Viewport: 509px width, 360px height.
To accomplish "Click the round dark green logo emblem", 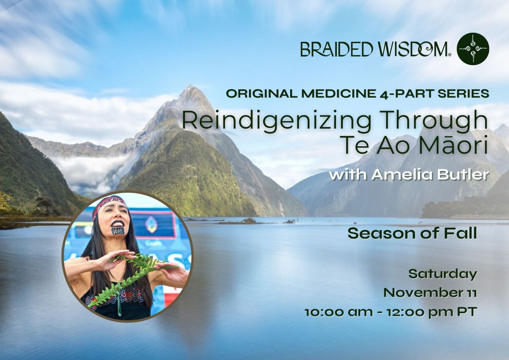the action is point(473,49).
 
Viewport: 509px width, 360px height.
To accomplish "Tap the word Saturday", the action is point(443,274).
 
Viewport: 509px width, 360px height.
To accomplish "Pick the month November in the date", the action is point(421,293).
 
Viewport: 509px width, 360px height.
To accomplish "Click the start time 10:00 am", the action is point(338,312).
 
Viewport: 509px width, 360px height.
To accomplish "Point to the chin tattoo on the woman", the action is point(118,230).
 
